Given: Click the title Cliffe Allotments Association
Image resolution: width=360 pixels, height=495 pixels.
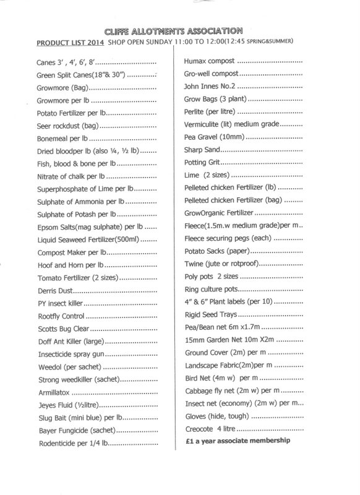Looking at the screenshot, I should [181, 31].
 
